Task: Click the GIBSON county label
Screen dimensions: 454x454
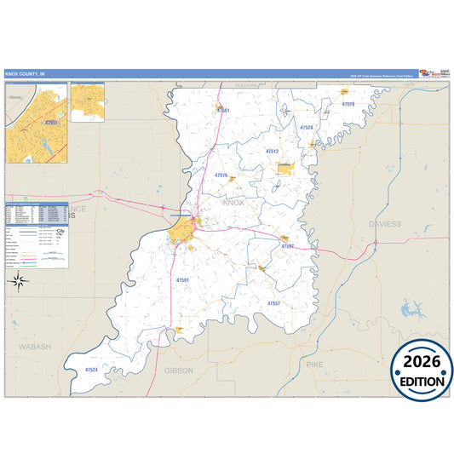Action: click(x=179, y=371)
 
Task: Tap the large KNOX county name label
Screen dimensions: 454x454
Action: click(x=233, y=204)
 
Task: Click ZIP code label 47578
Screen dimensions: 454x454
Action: click(x=348, y=105)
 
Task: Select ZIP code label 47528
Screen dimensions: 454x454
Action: click(x=306, y=128)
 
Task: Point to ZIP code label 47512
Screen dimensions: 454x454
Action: click(x=272, y=151)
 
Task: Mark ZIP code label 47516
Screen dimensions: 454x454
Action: click(x=221, y=175)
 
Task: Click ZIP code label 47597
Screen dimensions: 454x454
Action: click(x=287, y=246)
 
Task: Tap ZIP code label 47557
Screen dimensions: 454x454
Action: click(x=273, y=303)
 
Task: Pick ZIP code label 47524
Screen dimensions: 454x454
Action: click(x=91, y=370)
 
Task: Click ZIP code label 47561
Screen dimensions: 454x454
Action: click(x=223, y=110)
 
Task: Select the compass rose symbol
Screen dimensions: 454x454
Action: click(x=18, y=279)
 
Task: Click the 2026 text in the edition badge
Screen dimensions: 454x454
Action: click(x=422, y=360)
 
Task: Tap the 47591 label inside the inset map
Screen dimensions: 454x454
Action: click(x=51, y=123)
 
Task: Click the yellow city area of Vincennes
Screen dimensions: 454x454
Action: click(x=181, y=230)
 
